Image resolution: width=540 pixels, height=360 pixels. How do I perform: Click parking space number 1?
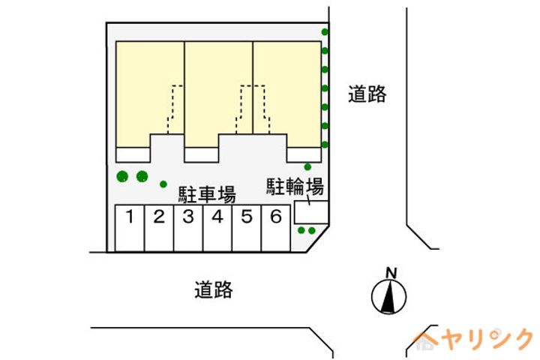coord(129,228)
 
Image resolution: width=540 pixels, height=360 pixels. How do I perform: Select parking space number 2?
coord(158,228)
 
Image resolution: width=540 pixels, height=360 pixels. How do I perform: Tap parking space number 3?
coord(187,228)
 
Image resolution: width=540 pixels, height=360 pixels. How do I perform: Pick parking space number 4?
coord(217,228)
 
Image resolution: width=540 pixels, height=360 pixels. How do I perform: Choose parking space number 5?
coord(246,228)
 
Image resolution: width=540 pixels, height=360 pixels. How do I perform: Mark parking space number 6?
coord(275,228)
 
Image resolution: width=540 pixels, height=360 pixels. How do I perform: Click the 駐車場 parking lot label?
coord(206,195)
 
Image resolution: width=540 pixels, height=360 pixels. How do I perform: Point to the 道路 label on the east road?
coord(367,94)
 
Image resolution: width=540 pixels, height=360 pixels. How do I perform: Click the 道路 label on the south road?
coord(213,289)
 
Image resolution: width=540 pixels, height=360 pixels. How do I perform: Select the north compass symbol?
coord(389,297)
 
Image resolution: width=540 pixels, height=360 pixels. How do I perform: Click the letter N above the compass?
coord(390,272)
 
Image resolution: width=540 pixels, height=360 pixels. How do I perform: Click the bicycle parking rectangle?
coord(310,212)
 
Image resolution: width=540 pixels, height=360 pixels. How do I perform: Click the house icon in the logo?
coord(426,342)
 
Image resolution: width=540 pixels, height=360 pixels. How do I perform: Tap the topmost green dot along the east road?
coord(325,32)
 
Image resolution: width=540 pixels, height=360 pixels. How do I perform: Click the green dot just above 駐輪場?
coord(307,166)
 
